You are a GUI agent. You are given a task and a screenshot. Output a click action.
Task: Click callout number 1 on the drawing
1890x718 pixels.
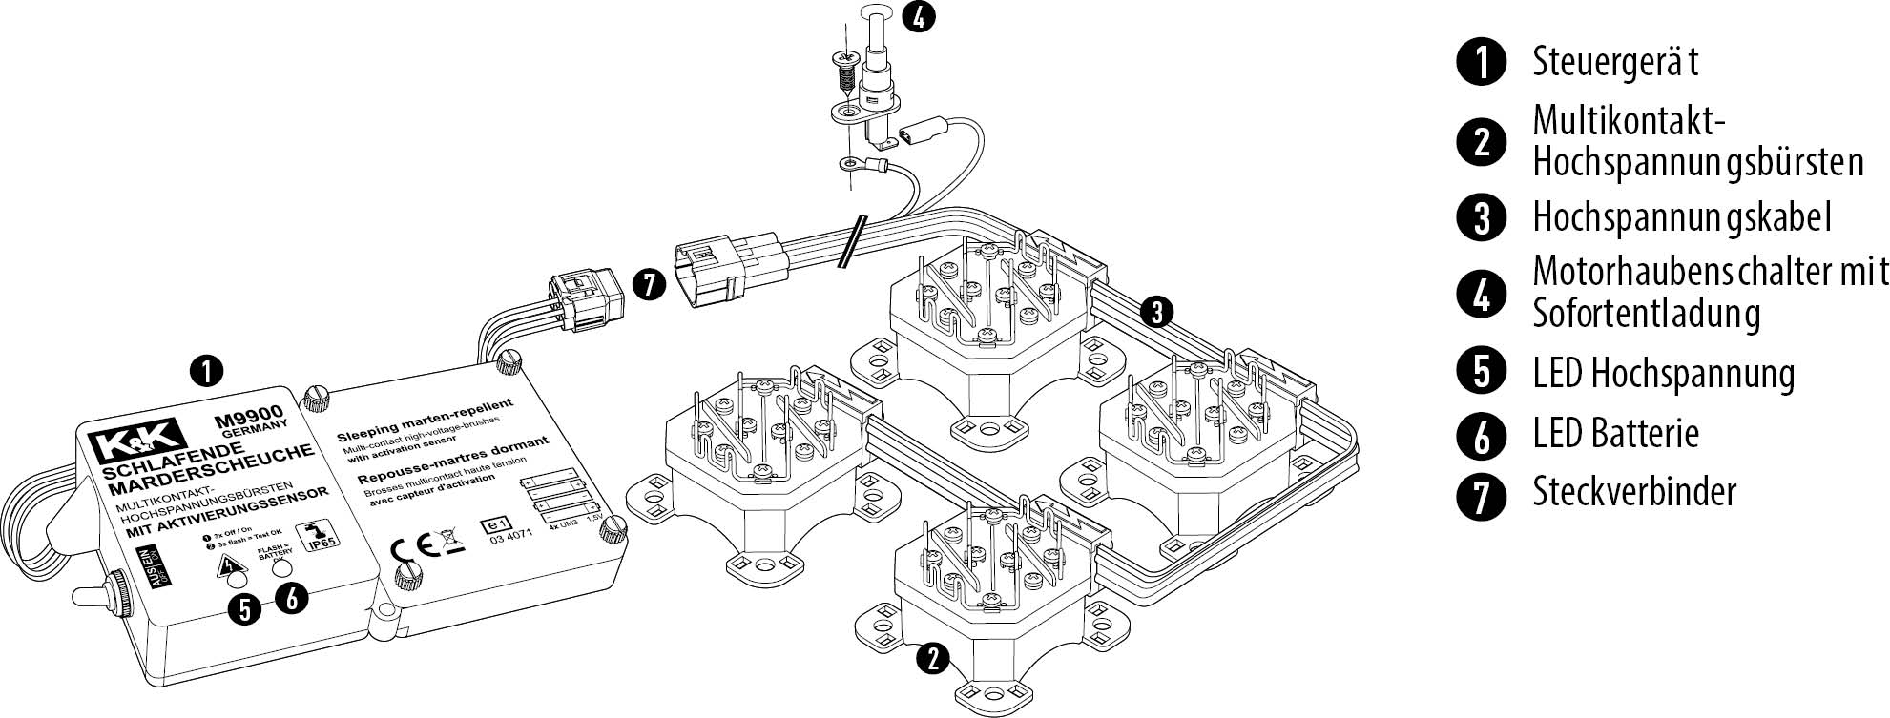coord(206,370)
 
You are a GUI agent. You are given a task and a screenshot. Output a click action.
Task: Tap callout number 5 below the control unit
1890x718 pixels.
coord(245,607)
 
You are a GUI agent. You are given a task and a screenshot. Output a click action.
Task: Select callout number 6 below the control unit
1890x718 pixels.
coord(292,598)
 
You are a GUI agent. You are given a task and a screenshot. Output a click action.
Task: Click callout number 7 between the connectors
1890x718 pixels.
coord(649,284)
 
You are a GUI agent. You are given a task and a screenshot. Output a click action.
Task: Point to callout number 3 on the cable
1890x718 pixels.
coord(1156,311)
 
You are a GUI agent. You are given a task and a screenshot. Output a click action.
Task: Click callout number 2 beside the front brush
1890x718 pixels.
coord(934,658)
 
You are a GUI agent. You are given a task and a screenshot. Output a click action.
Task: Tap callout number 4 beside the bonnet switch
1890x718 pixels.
coord(918,17)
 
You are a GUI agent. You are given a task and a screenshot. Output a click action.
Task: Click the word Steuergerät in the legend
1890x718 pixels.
coord(1614,62)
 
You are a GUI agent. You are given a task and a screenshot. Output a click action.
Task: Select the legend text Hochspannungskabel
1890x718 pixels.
coord(1681,217)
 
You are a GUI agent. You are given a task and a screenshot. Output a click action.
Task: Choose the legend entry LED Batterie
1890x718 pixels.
coord(1615,434)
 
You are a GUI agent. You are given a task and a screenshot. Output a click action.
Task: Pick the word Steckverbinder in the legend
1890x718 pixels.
coord(1634,492)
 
